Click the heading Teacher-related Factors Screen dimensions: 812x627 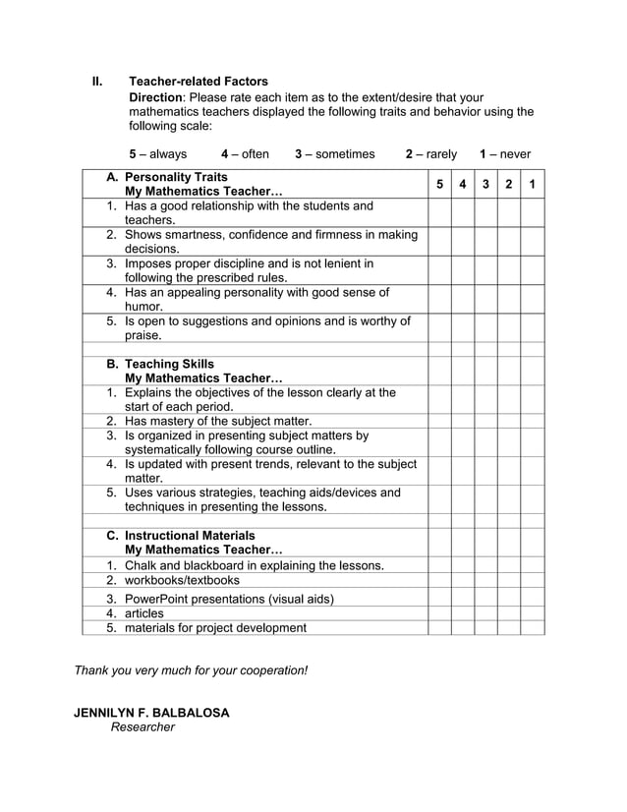tap(199, 82)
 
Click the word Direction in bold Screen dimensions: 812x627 tap(155, 97)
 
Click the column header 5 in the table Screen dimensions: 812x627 tap(439, 184)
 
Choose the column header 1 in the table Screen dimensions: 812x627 tap(532, 184)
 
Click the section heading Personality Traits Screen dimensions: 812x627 tap(176, 177)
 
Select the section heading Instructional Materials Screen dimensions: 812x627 tap(190, 536)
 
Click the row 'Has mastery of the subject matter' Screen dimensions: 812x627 tap(218, 421)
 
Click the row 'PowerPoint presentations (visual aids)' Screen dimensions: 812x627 tap(229, 599)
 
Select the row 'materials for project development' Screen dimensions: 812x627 tap(215, 627)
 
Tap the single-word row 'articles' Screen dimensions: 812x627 tap(144, 613)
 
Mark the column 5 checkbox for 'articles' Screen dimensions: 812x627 tap(439, 613)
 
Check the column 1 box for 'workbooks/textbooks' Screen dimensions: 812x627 tap(532, 580)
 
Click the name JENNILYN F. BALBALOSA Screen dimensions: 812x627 tap(151, 713)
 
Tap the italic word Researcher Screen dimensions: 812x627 tap(142, 727)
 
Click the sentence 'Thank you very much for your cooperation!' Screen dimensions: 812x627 tap(192, 670)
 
